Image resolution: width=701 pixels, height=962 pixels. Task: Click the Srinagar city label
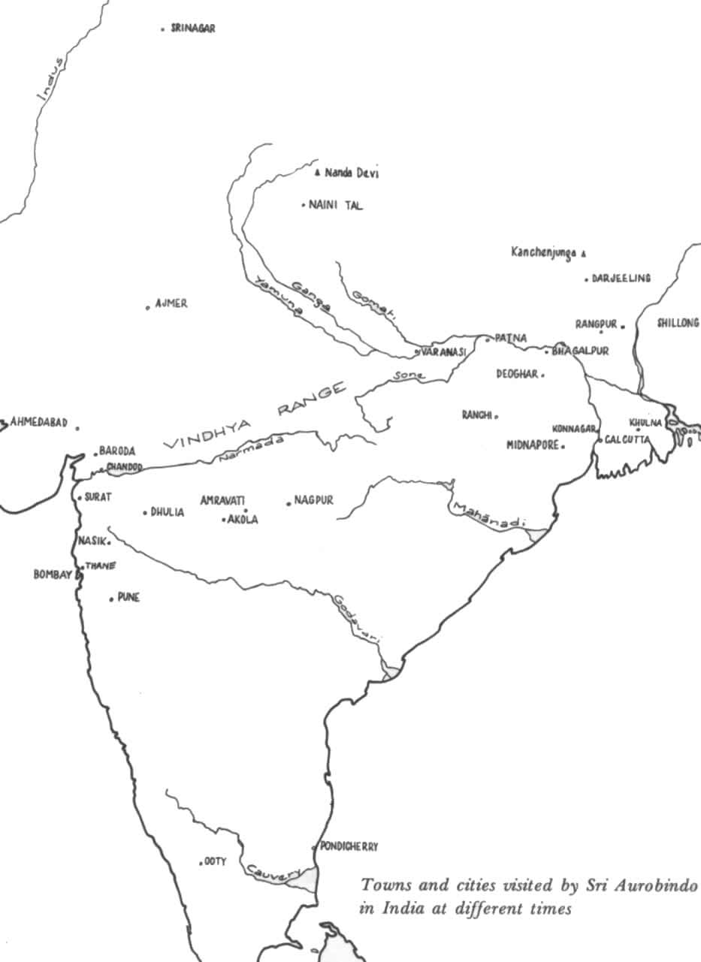click(193, 29)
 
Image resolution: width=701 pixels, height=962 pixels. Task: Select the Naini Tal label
click(335, 205)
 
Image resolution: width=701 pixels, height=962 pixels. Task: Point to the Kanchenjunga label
click(543, 253)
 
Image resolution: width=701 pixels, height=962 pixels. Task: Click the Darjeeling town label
click(621, 279)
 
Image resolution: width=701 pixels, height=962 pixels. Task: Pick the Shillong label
click(678, 324)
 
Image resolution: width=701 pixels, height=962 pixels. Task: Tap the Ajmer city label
click(171, 304)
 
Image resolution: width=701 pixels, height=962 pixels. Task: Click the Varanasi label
click(443, 351)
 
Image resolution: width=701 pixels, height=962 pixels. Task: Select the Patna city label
click(511, 338)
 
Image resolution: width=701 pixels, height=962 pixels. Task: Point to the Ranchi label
click(477, 415)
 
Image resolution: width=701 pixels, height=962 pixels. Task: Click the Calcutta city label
click(627, 440)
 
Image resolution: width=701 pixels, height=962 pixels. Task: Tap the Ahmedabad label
click(39, 423)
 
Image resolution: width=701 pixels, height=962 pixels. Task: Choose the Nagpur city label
click(313, 500)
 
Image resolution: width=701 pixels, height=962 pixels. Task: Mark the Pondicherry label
click(349, 846)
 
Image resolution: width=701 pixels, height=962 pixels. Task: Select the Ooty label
click(216, 861)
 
